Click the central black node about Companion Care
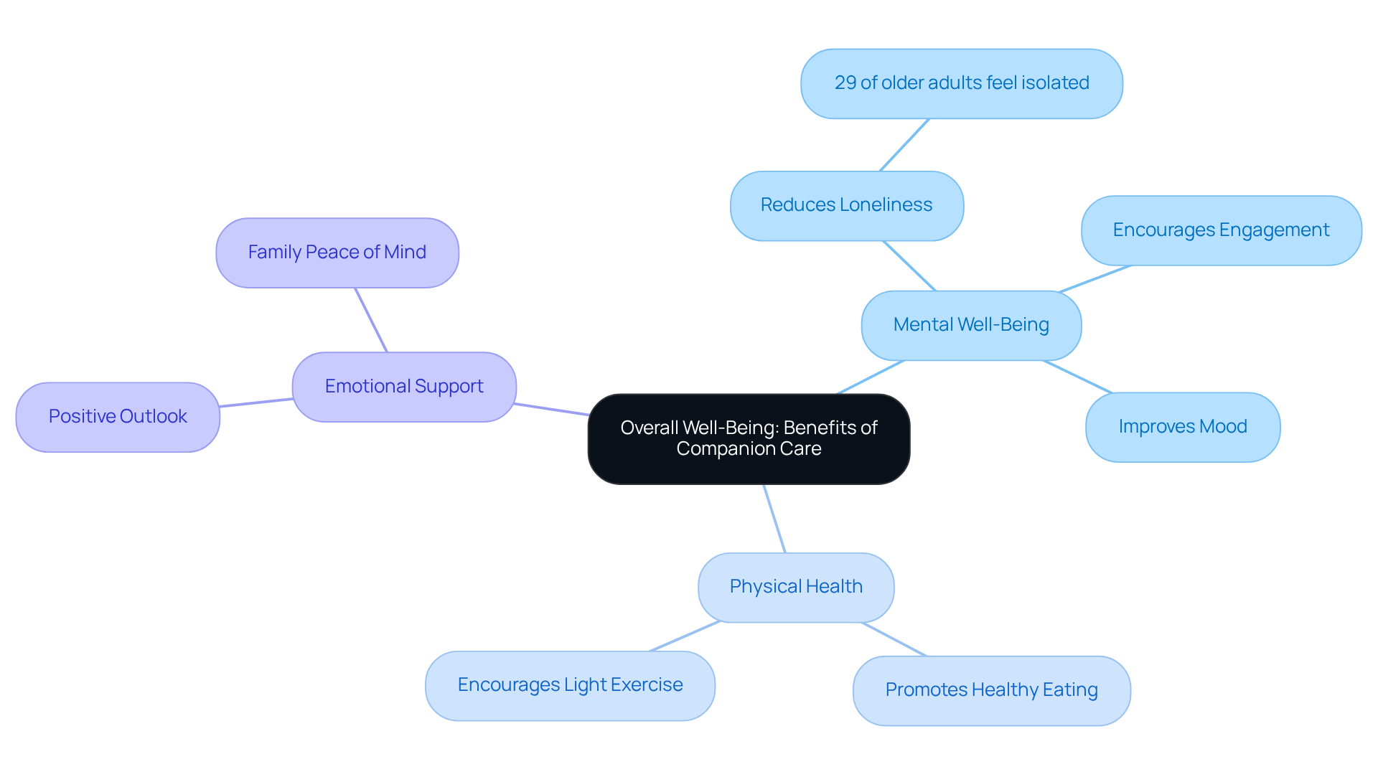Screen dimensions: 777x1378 click(x=749, y=438)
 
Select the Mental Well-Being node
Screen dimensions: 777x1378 click(x=971, y=325)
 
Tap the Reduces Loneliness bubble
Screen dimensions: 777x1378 click(x=846, y=205)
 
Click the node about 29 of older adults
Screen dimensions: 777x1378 click(x=961, y=83)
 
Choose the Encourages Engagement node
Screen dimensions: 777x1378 click(x=1221, y=230)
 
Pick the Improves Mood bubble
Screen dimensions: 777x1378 click(x=1182, y=427)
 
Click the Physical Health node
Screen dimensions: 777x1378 click(x=796, y=587)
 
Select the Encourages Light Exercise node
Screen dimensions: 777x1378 click(x=570, y=685)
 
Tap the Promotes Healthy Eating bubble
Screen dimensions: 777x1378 click(x=991, y=690)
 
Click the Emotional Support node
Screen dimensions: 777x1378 click(x=404, y=387)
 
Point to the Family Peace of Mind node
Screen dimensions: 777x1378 click(x=337, y=253)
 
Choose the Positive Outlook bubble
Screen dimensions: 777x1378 click(x=118, y=417)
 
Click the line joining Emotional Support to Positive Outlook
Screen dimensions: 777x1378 click(x=256, y=402)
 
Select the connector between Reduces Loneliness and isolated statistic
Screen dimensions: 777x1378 click(x=904, y=145)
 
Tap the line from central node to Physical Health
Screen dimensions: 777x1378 click(x=774, y=519)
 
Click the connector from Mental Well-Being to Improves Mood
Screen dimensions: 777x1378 click(x=1077, y=377)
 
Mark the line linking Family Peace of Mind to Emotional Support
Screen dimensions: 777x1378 click(x=371, y=320)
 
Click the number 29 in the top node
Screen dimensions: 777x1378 click(x=845, y=83)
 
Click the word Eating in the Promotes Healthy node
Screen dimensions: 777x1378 click(x=1070, y=690)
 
